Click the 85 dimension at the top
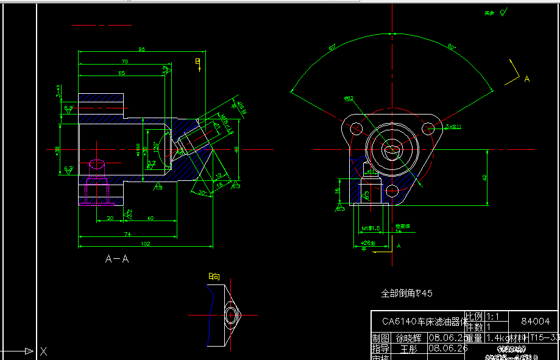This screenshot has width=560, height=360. tap(141, 49)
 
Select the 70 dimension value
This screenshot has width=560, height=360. tap(124, 62)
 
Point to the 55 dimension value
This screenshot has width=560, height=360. tap(121, 73)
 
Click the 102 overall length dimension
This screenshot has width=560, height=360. tap(146, 244)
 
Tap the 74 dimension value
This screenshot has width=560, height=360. tap(127, 234)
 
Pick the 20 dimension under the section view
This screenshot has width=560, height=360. tap(110, 218)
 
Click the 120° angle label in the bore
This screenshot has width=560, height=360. tap(156, 148)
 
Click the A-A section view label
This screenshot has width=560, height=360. tap(117, 259)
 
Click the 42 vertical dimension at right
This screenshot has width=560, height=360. tap(484, 177)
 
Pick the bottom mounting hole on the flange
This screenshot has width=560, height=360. tap(392, 192)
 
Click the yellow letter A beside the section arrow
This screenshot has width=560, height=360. tap(527, 79)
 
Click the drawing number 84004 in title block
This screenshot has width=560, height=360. tap(536, 321)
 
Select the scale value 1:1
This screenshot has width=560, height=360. tap(492, 317)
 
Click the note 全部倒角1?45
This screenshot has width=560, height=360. tap(406, 293)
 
